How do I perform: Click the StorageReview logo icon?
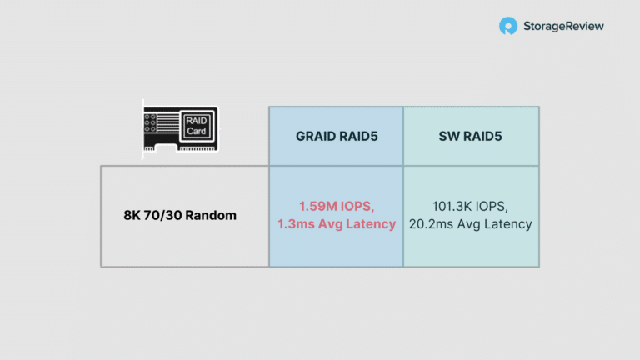(x=508, y=26)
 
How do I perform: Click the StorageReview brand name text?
(x=563, y=26)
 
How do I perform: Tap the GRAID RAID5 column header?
(x=337, y=137)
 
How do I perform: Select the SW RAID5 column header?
(x=470, y=137)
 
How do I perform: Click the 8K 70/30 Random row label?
(x=180, y=215)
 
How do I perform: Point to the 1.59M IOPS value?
(x=337, y=206)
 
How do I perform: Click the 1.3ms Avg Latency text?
(x=337, y=223)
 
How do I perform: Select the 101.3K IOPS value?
(x=470, y=206)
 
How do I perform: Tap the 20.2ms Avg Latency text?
(x=470, y=223)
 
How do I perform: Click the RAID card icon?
(x=180, y=129)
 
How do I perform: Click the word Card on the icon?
(x=197, y=132)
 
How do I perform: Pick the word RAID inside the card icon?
(x=197, y=121)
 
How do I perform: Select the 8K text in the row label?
(x=132, y=215)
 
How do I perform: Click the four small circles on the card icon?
(x=150, y=123)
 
